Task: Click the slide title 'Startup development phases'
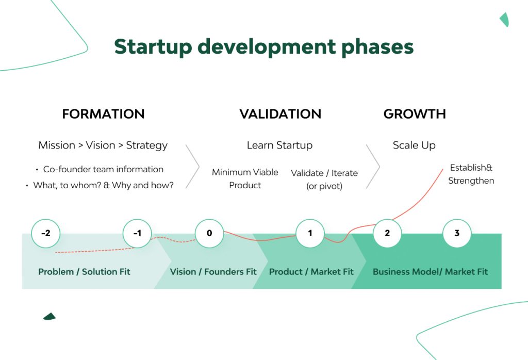263,46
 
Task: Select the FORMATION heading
103,114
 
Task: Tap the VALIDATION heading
280,114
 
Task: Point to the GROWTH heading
415,114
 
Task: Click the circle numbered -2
45,233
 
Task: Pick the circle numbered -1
137,233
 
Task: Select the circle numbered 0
209,233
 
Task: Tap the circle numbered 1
310,233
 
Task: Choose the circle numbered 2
387,233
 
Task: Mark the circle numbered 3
457,233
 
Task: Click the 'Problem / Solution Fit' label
84,272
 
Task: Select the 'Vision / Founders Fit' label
213,272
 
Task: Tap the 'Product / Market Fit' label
311,272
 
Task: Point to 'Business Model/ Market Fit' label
430,272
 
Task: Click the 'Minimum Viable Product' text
245,178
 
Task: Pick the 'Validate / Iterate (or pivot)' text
324,179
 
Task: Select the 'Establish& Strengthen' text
471,174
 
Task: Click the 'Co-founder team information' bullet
103,169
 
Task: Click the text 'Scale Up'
414,145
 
